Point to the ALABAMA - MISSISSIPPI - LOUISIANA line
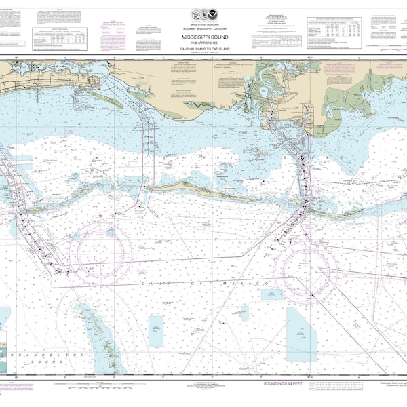click(x=203, y=21)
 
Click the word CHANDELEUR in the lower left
click(x=27, y=355)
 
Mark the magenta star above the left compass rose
click(x=101, y=216)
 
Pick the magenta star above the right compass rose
click(x=306, y=235)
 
